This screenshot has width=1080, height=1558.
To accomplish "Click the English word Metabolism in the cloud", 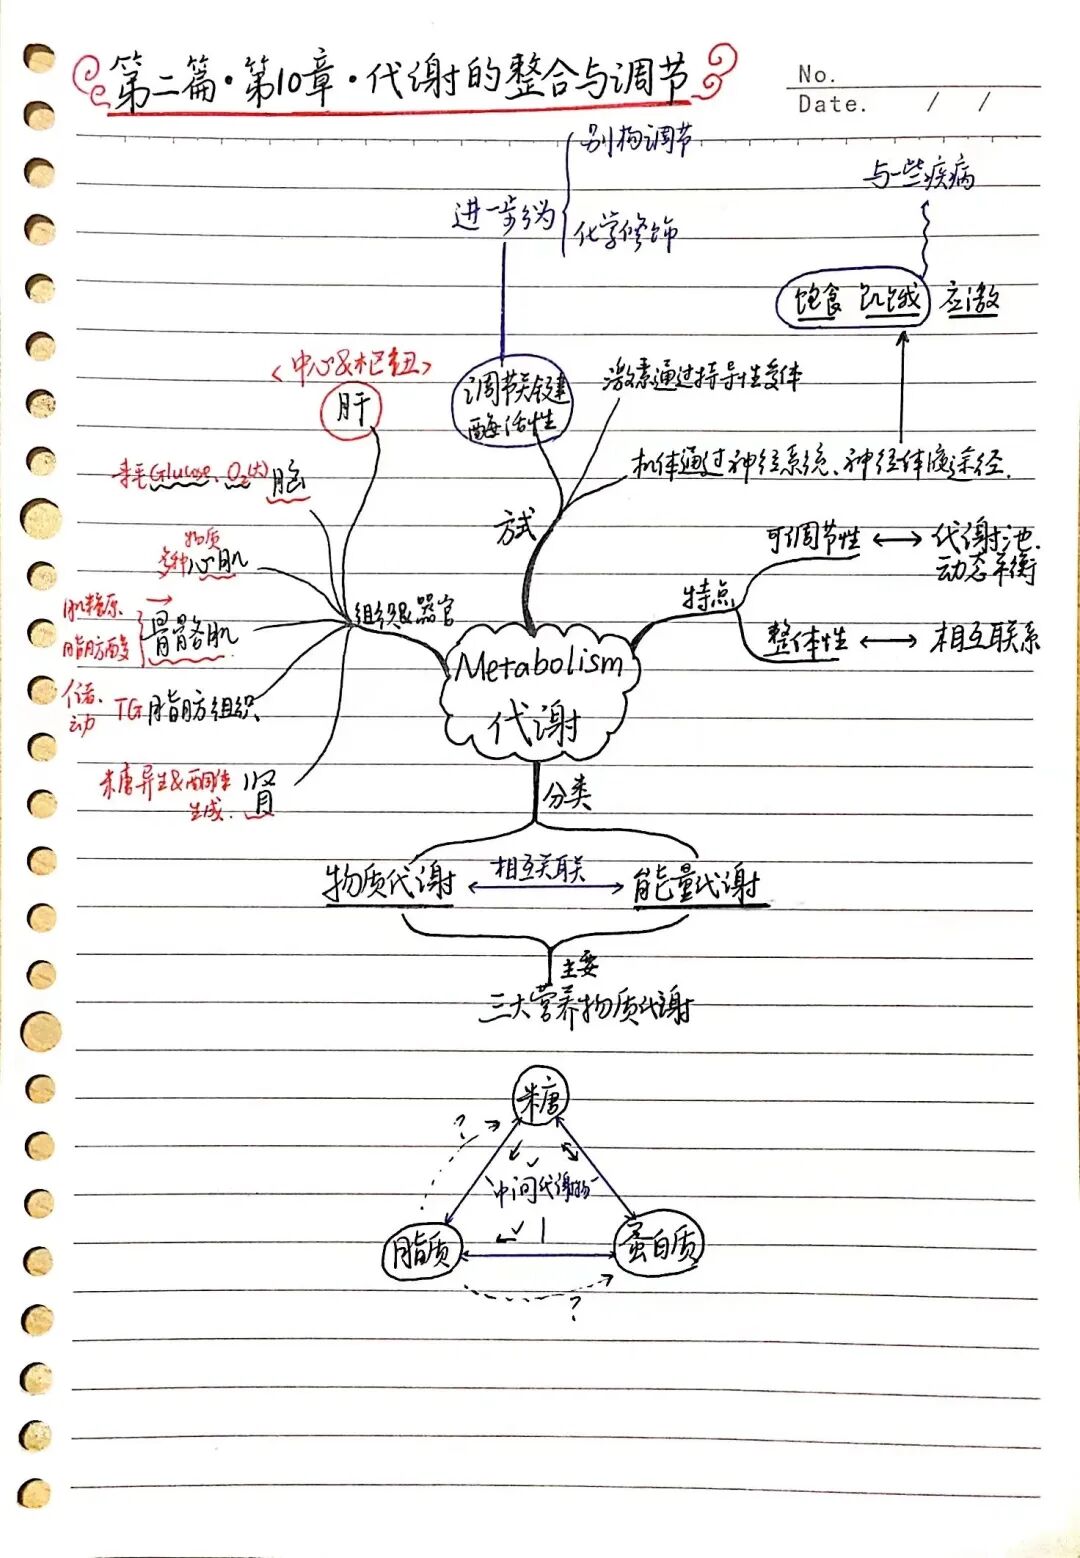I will [539, 664].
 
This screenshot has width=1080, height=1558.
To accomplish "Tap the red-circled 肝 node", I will [351, 410].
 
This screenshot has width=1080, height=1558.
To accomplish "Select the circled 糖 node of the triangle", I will [540, 1097].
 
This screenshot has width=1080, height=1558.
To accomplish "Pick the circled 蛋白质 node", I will [658, 1246].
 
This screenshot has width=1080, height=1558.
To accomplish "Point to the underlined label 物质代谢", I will [389, 883].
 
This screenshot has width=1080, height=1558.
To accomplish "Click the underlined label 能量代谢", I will [696, 884].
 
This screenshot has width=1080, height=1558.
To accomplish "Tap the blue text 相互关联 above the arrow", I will [540, 867].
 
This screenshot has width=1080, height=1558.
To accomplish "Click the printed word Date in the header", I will [829, 104].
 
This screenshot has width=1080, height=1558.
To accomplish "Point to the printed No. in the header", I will [815, 75].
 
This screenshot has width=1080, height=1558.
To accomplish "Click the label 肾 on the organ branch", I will [261, 792].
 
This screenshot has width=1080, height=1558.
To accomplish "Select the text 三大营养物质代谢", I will [586, 1005].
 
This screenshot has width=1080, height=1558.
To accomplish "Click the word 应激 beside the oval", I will [969, 299].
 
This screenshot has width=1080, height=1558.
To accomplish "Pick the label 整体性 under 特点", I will [806, 639].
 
